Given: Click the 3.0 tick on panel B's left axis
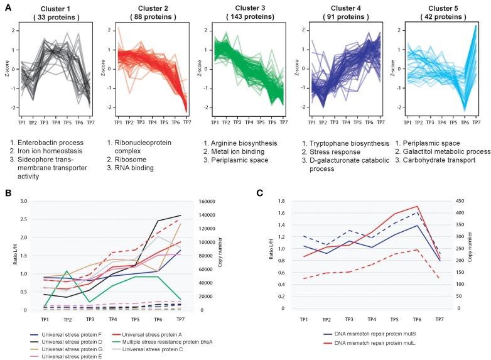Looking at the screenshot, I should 25,202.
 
